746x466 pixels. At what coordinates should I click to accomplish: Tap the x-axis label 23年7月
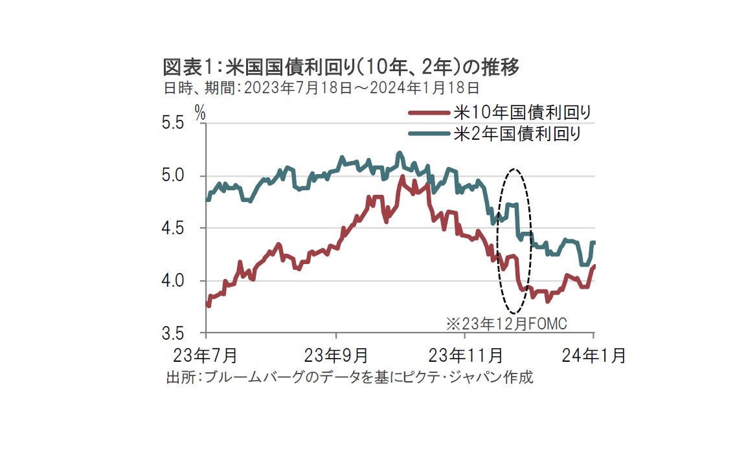pyautogui.click(x=206, y=355)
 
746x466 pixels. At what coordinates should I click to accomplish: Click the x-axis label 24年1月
pyautogui.click(x=594, y=355)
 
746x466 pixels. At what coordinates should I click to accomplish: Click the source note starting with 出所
pyautogui.click(x=350, y=377)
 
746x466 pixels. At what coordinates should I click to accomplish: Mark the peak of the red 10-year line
pyautogui.click(x=402, y=177)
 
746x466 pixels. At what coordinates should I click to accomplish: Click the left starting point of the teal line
pyautogui.click(x=207, y=199)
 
